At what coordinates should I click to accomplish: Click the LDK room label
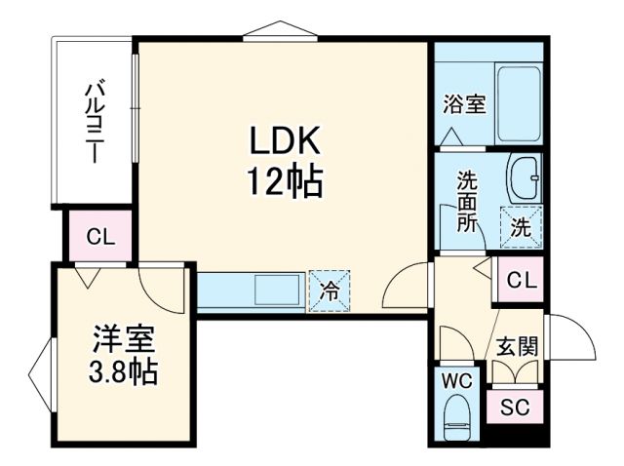coord(284,143)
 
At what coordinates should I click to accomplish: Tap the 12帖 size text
coord(284,180)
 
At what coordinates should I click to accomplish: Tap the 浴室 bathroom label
coord(464,104)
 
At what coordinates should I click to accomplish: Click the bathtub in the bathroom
coord(518,103)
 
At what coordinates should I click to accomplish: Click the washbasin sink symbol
coord(524,177)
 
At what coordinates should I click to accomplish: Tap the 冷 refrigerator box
coord(330,291)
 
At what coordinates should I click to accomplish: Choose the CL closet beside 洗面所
coord(521,281)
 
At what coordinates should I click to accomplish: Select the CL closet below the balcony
coord(99,236)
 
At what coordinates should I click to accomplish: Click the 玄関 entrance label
coord(517,348)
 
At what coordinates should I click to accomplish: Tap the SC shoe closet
coord(515,407)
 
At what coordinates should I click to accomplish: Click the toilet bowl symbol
coord(455,420)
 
